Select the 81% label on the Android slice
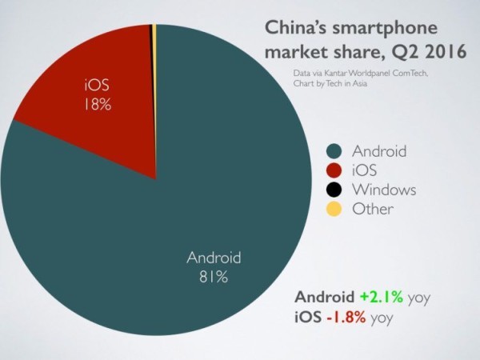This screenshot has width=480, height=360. tap(214, 277)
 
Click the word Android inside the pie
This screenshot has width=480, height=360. tap(214, 258)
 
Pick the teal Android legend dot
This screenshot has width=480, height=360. tap(334, 151)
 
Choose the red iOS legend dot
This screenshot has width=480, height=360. tap(334, 170)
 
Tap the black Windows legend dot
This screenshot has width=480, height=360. tap(334, 190)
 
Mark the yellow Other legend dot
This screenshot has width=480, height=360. tap(334, 210)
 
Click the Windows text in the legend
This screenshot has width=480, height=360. tap(385, 190)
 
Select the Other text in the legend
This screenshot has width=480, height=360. tap(373, 210)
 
